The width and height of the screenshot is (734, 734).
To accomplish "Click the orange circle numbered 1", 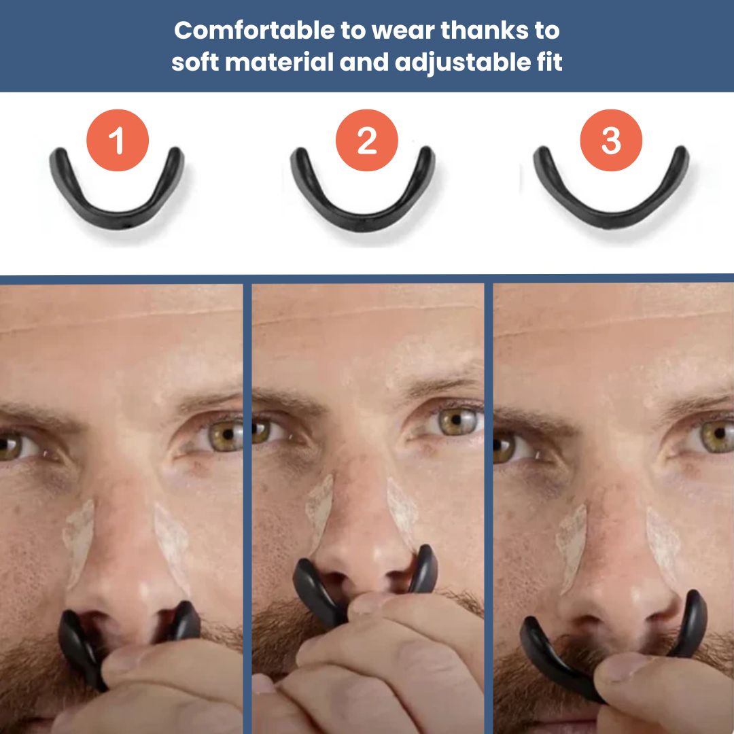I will click(117, 140).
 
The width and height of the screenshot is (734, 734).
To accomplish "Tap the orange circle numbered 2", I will click(367, 140).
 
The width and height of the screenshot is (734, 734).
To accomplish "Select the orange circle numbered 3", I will click(611, 140).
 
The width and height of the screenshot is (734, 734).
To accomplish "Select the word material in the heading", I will click(279, 63).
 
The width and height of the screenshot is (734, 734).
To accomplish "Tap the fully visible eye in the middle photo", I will click(454, 421).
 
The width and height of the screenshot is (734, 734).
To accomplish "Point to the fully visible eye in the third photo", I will click(714, 435).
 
